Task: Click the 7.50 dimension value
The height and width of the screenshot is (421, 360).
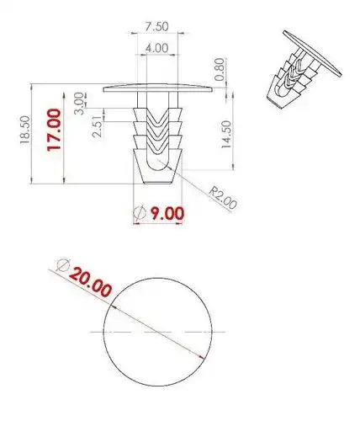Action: [157, 27]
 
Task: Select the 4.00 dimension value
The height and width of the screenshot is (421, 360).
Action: [157, 49]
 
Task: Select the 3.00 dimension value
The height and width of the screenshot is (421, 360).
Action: [80, 101]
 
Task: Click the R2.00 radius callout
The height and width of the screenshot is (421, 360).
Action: [224, 200]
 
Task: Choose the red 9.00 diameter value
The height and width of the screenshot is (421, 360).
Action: [166, 213]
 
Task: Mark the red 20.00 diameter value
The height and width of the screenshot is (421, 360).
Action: [91, 282]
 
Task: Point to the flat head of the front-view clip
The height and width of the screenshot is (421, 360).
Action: [156, 87]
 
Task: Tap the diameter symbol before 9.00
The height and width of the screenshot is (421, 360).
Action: [141, 213]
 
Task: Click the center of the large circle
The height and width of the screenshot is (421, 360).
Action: [157, 330]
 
